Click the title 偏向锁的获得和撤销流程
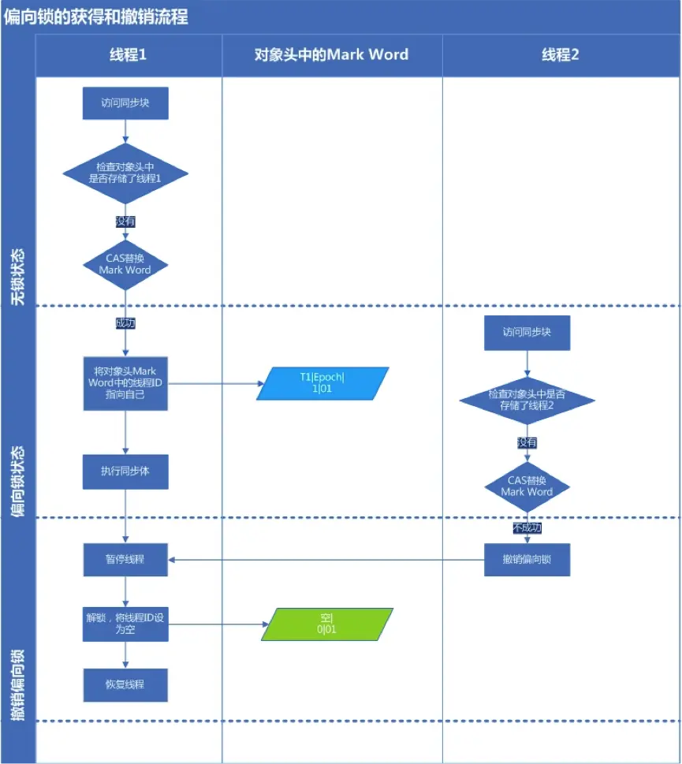coord(96,16)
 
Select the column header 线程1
coord(129,54)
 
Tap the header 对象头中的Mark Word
coord(331,54)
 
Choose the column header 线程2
coord(561,54)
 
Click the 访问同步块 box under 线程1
coord(125,103)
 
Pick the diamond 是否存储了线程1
coord(125,173)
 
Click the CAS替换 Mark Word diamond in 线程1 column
coord(125,263)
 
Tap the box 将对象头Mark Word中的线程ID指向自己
coord(125,382)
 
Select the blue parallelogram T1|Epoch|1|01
coord(322,382)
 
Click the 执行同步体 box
coord(125,471)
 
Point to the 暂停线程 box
coord(125,560)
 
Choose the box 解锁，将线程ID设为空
coord(125,624)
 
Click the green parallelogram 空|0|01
coord(326,624)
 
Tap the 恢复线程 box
coord(125,684)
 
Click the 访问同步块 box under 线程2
coord(527,332)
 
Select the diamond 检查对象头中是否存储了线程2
coord(527,400)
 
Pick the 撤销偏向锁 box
coord(527,560)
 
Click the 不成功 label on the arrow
coord(527,527)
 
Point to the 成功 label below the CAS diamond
coord(125,322)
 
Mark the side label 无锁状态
coord(17,276)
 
